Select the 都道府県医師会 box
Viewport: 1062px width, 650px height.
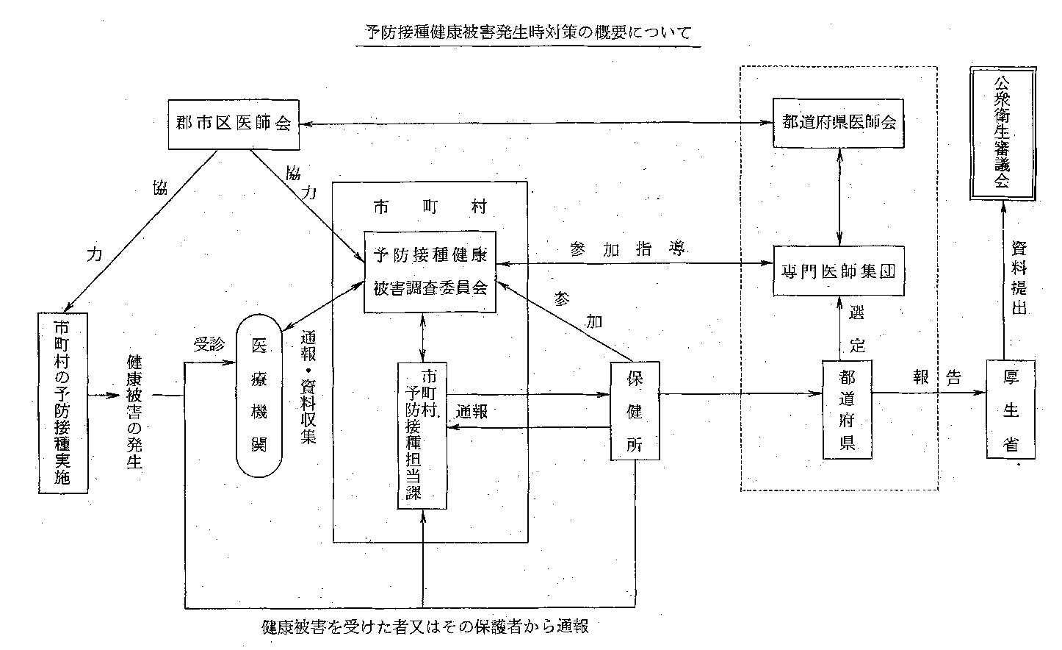839,123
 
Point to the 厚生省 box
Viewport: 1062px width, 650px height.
1011,410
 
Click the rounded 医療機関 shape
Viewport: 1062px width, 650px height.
259,396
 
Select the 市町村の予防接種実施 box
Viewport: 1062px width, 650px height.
62,402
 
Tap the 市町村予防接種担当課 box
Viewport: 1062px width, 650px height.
422,435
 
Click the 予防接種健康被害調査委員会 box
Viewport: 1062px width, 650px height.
430,272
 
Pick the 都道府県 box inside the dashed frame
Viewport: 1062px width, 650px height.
847,410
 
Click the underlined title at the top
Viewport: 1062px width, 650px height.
528,33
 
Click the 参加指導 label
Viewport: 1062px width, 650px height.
627,250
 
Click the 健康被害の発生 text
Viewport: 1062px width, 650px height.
134,412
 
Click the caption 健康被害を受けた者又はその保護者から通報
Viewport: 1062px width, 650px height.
425,627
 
